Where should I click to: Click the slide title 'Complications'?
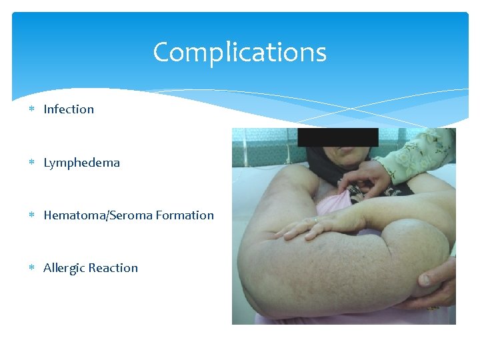pos(239,52)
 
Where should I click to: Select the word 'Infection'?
pos(69,109)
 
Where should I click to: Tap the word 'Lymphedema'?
pos(81,163)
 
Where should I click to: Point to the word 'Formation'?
pos(188,215)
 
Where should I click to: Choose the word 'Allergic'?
pos(63,268)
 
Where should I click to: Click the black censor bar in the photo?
pos(338,137)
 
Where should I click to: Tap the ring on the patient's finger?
pos(315,219)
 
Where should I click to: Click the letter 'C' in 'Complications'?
pos(161,52)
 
